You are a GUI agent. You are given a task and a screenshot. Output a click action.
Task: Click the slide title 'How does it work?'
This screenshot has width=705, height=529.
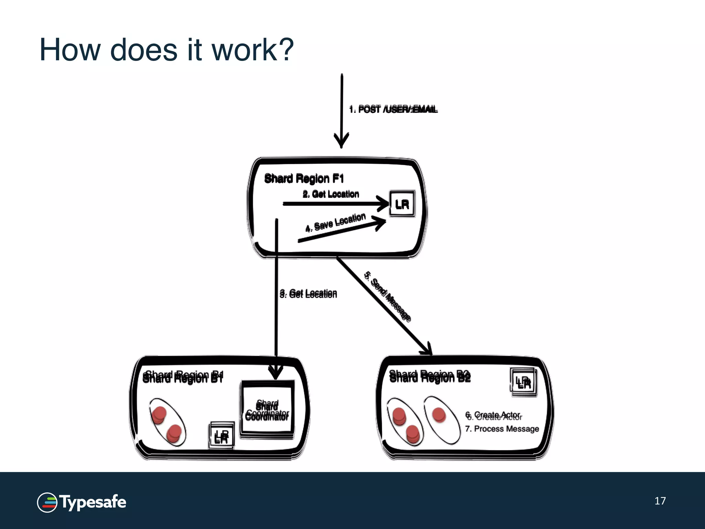click(x=167, y=50)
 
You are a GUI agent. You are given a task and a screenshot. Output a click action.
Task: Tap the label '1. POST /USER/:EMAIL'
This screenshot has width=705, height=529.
click(x=393, y=109)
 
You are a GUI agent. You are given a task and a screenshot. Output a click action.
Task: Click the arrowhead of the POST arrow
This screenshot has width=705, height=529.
click(x=341, y=141)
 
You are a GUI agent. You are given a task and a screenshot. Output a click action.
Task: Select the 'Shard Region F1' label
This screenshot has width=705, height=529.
click(x=304, y=178)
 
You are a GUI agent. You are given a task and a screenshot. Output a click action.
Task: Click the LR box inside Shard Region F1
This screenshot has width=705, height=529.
click(x=402, y=204)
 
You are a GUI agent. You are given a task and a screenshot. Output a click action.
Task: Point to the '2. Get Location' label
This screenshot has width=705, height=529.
click(x=331, y=194)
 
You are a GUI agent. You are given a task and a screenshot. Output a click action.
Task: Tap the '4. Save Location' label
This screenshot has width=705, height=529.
click(x=336, y=222)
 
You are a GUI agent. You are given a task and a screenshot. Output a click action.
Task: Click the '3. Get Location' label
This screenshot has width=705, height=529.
click(x=308, y=293)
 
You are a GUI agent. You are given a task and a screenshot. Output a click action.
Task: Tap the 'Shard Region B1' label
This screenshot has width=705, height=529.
click(x=183, y=377)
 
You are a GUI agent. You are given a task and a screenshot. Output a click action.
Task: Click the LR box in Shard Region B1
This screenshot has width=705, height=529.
click(x=221, y=436)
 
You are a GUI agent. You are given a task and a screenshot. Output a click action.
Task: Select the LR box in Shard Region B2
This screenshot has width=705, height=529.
click(x=523, y=383)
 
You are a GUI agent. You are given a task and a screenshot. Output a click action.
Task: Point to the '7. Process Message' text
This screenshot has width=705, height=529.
click(x=502, y=429)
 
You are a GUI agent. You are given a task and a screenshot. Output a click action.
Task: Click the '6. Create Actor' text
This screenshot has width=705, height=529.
click(x=493, y=415)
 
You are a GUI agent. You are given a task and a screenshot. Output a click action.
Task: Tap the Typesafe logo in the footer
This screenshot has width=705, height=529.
click(x=82, y=502)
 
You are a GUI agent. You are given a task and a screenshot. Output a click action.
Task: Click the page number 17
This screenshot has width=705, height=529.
click(x=660, y=501)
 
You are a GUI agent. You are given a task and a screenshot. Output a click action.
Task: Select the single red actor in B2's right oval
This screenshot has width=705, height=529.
click(x=439, y=414)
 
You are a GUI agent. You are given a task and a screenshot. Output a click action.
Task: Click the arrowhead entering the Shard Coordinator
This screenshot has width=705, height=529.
click(x=275, y=373)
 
